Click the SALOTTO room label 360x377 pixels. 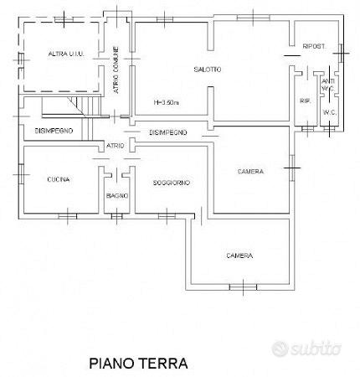pyautogui.click(x=208, y=70)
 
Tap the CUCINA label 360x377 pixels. pyautogui.click(x=59, y=179)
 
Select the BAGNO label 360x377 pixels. pyautogui.click(x=117, y=195)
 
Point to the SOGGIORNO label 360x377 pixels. pyautogui.click(x=172, y=183)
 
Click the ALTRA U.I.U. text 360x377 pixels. pyautogui.click(x=66, y=54)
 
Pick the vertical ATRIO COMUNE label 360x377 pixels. pyautogui.click(x=116, y=70)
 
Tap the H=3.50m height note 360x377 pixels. pyautogui.click(x=166, y=102)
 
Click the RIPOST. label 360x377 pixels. pyautogui.click(x=315, y=46)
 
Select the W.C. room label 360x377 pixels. pyautogui.click(x=329, y=112)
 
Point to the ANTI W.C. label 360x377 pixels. pyautogui.click(x=328, y=85)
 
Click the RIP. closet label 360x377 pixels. pyautogui.click(x=306, y=101)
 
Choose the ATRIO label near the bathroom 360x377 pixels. pyautogui.click(x=115, y=146)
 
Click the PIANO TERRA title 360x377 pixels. pyautogui.click(x=138, y=364)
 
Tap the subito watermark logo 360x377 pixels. pyautogui.click(x=306, y=349)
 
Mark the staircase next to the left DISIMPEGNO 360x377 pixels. pyautogui.click(x=81, y=117)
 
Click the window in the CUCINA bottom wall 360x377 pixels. pyautogui.click(x=68, y=216)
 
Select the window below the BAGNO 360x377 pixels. pyautogui.click(x=116, y=216)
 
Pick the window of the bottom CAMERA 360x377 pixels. pyautogui.click(x=243, y=287)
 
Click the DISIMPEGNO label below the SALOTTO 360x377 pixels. pyautogui.click(x=168, y=132)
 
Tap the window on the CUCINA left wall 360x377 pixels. pyautogui.click(x=21, y=174)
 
